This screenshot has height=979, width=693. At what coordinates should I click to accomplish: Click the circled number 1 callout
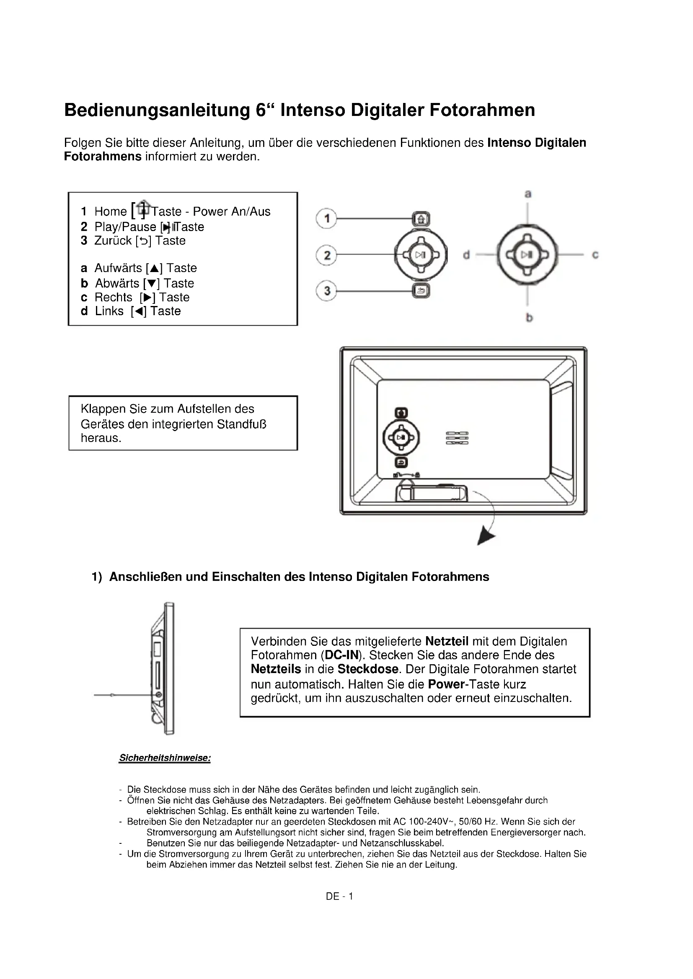(326, 218)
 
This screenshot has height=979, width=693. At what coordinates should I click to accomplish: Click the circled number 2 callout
(326, 255)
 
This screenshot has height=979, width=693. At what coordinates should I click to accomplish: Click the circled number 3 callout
(326, 291)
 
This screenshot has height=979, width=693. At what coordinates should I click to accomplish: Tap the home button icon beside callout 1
(421, 219)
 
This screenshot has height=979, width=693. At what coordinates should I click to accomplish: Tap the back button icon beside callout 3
(421, 291)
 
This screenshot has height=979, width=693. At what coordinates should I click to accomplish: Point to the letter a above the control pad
(528, 194)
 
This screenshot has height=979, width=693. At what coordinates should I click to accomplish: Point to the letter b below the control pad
(529, 317)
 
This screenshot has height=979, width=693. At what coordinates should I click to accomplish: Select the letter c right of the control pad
(595, 254)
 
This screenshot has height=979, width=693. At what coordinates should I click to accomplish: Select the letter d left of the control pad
(466, 254)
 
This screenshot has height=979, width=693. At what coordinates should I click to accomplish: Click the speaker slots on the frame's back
(457, 438)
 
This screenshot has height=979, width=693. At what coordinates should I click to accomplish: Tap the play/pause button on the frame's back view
(401, 437)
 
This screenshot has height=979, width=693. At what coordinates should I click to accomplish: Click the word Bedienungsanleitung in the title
(157, 110)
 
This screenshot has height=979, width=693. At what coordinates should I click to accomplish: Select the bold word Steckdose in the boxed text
(368, 669)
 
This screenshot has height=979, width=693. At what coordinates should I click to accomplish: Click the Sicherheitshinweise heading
(165, 758)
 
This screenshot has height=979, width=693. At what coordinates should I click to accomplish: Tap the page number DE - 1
(339, 896)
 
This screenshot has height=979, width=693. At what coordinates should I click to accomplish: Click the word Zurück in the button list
(113, 241)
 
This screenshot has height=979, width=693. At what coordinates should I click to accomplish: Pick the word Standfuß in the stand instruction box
(241, 424)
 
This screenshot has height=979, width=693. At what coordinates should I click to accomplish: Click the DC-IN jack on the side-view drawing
(159, 695)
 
